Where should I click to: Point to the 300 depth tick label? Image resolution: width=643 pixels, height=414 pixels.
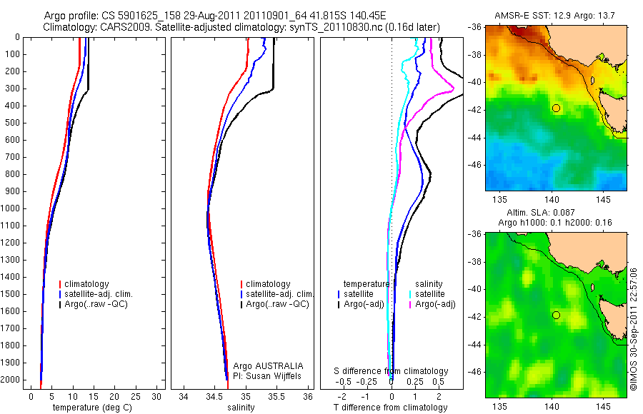click(13, 89)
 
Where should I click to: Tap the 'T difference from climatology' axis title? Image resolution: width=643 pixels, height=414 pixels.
click(391, 408)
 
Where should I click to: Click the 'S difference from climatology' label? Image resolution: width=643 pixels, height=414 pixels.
click(392, 371)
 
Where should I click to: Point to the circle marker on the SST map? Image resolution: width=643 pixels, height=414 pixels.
click(556, 108)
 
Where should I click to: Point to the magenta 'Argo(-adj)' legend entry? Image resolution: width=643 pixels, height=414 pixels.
click(437, 304)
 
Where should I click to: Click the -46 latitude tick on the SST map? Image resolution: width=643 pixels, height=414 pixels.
click(475, 164)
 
